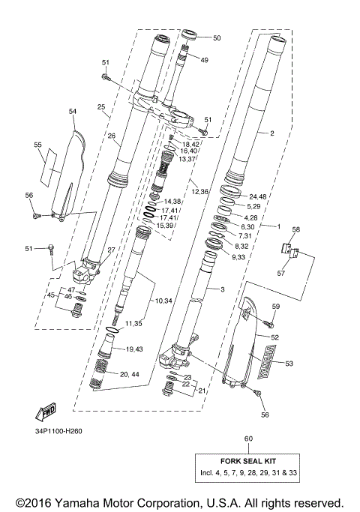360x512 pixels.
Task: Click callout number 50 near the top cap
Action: coord(217,37)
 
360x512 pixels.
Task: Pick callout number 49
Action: coord(205,60)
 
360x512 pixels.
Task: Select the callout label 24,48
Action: coord(258,197)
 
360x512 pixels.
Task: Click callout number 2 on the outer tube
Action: coord(271,133)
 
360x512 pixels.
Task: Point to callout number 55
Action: coord(37,144)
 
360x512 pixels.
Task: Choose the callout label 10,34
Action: coord(163,301)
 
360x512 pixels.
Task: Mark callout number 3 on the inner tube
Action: coord(222,289)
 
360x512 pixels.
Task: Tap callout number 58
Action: coord(295,229)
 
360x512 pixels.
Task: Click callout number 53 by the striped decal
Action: coord(290,363)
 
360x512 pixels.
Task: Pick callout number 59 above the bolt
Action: coord(275,306)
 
